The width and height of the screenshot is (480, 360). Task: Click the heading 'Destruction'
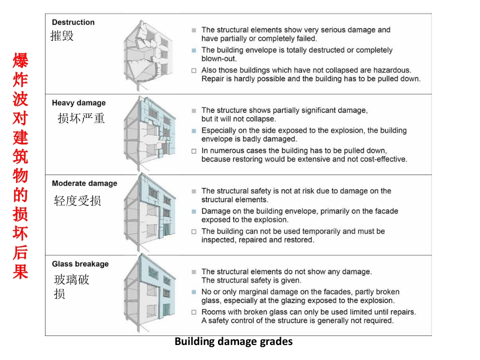pyautogui.click(x=73, y=22)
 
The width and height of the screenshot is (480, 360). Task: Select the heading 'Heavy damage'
pyautogui.click(x=79, y=103)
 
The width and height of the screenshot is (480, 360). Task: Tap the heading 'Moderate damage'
pyautogui.click(x=84, y=183)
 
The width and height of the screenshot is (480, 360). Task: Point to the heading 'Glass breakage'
pyautogui.click(x=80, y=264)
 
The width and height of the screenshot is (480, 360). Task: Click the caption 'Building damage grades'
pyautogui.click(x=233, y=342)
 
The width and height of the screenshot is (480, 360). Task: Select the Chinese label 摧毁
pyautogui.click(x=62, y=36)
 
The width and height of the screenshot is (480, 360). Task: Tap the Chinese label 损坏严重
pyautogui.click(x=81, y=118)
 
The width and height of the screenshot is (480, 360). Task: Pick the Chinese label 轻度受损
pyautogui.click(x=77, y=200)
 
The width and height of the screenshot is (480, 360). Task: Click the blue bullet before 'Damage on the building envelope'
pyautogui.click(x=193, y=211)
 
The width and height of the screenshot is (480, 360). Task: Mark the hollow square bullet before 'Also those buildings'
pyautogui.click(x=193, y=70)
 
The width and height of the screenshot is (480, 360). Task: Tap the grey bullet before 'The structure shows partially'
pyautogui.click(x=193, y=110)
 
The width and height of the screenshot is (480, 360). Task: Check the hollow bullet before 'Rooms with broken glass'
pyautogui.click(x=193, y=312)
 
